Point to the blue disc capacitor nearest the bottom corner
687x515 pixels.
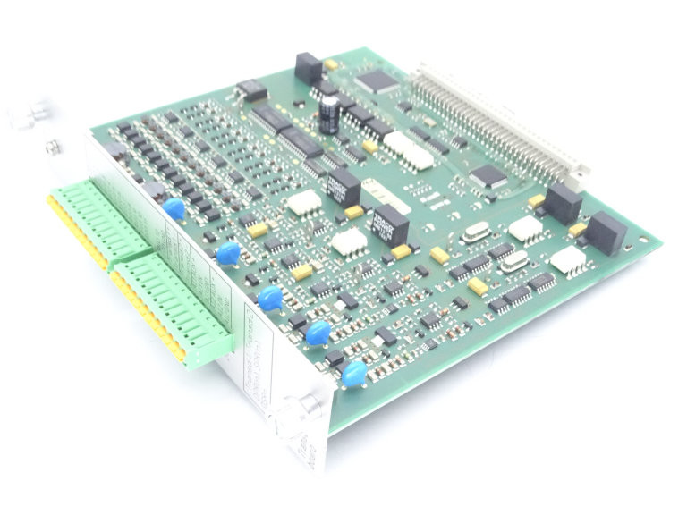coord(354,375)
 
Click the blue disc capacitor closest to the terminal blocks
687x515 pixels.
coord(174,209)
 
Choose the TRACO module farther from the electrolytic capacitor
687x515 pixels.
coord(390,225)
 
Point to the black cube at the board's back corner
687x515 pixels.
coord(309,67)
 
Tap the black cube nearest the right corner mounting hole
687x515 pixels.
coord(606,231)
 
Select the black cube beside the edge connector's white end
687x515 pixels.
coord(563,203)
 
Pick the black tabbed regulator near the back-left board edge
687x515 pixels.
coord(250,89)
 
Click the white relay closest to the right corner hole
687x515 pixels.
coord(569,261)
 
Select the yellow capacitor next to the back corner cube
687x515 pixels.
coord(331,64)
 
